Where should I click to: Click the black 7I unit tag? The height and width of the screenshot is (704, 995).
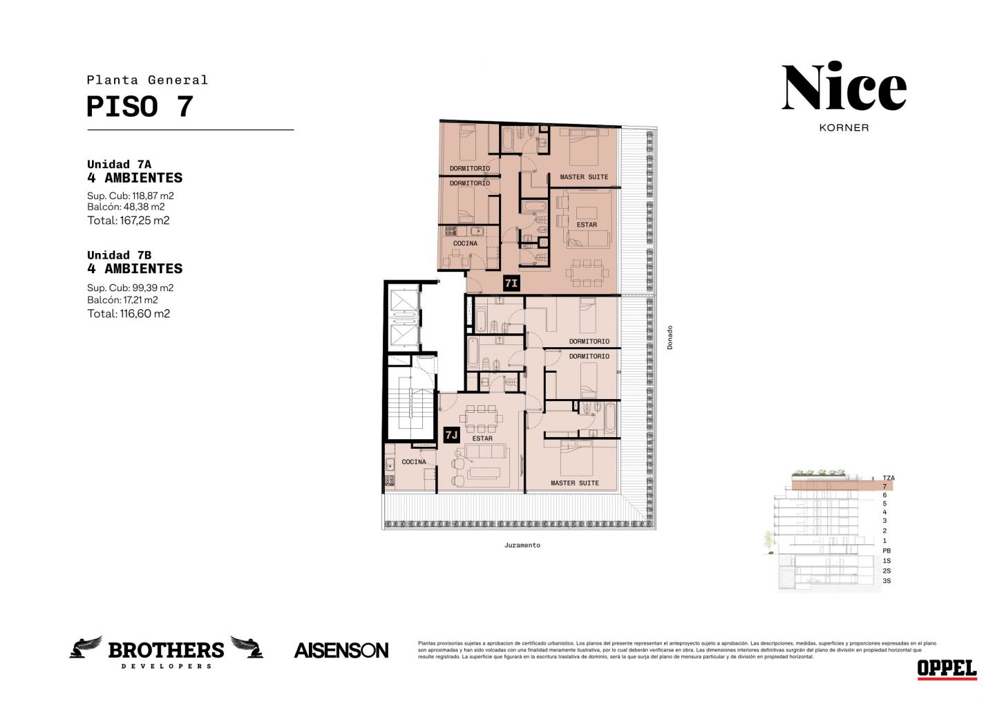point(511,283)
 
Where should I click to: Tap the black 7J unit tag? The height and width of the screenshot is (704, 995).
point(451,435)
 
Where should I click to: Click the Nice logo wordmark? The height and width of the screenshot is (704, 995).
point(844,86)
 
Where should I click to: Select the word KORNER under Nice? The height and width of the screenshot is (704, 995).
point(844,128)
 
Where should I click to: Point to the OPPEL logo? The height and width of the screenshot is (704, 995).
point(947,669)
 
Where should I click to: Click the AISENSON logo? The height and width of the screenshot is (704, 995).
point(341,651)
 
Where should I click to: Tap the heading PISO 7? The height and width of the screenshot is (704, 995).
point(140,106)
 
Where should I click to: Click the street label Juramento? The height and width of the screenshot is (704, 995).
point(522,546)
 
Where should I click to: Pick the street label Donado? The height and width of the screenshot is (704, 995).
point(670,337)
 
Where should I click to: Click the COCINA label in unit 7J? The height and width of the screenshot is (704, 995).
point(414,462)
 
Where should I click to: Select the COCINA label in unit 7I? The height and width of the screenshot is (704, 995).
point(465,243)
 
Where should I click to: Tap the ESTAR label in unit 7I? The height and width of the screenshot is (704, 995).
point(587,225)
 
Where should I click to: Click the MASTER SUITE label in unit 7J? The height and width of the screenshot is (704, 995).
point(575,483)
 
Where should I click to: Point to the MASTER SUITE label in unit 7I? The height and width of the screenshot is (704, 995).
point(584,177)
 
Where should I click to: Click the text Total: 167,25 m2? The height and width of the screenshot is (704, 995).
point(129,221)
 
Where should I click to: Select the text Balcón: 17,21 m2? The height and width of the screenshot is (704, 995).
point(122,300)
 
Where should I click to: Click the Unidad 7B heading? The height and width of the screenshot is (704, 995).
point(119,255)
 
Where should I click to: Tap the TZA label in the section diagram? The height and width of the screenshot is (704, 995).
point(889,479)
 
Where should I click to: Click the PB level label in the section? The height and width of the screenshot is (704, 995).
point(887,550)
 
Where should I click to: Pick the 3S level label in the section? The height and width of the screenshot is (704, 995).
point(887,581)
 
